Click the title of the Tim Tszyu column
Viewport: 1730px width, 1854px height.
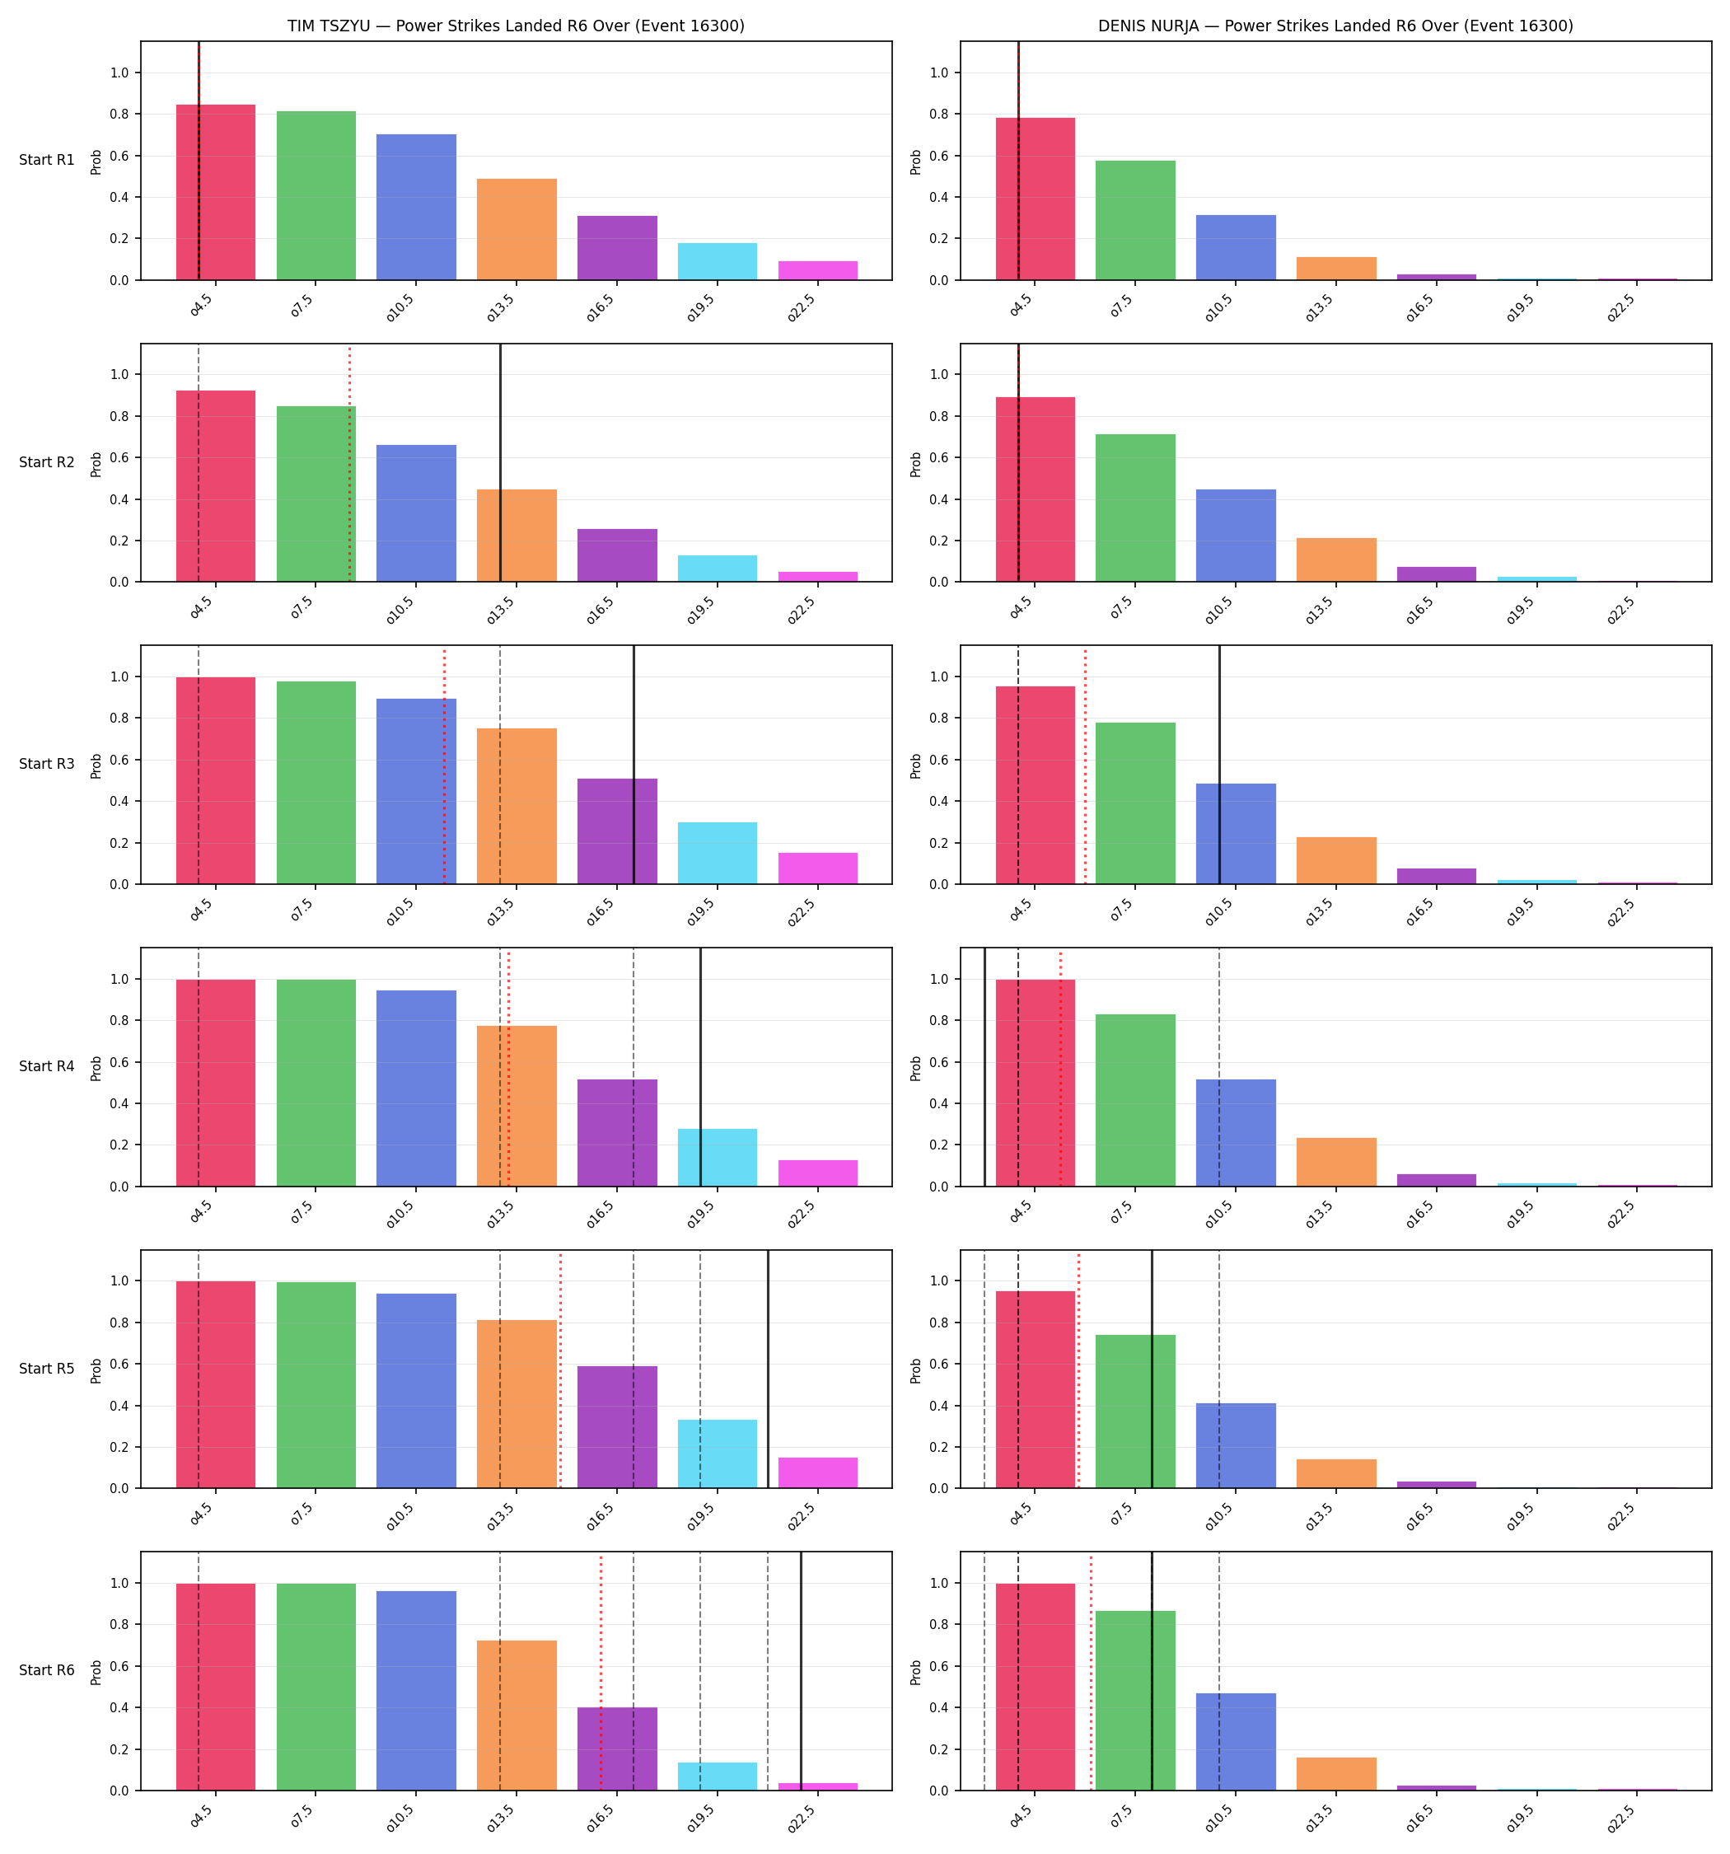click(x=516, y=26)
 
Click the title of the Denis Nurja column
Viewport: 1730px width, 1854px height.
click(x=1335, y=26)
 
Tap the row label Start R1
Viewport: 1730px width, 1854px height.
click(x=47, y=161)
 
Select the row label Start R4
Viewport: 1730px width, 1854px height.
click(x=47, y=1066)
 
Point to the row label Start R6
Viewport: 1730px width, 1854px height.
click(x=47, y=1670)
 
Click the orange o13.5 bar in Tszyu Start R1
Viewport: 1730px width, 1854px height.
click(x=517, y=229)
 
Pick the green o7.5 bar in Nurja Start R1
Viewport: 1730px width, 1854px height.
click(x=1135, y=220)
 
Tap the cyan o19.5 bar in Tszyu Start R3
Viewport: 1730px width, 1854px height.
click(x=718, y=854)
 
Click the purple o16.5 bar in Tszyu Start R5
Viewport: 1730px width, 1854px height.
click(x=616, y=1427)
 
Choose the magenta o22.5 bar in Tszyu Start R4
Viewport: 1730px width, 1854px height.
click(x=818, y=1173)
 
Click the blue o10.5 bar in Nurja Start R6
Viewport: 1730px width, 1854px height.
click(x=1236, y=1742)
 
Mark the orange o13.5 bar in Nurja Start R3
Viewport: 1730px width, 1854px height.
click(x=1336, y=861)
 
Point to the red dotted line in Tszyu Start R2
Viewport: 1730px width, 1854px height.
click(x=350, y=463)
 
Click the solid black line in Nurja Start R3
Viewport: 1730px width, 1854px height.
click(x=1219, y=765)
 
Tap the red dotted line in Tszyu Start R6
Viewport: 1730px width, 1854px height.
click(x=601, y=1672)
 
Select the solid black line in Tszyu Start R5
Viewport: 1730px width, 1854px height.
click(x=768, y=1369)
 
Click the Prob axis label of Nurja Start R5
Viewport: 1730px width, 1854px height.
click(x=916, y=1370)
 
